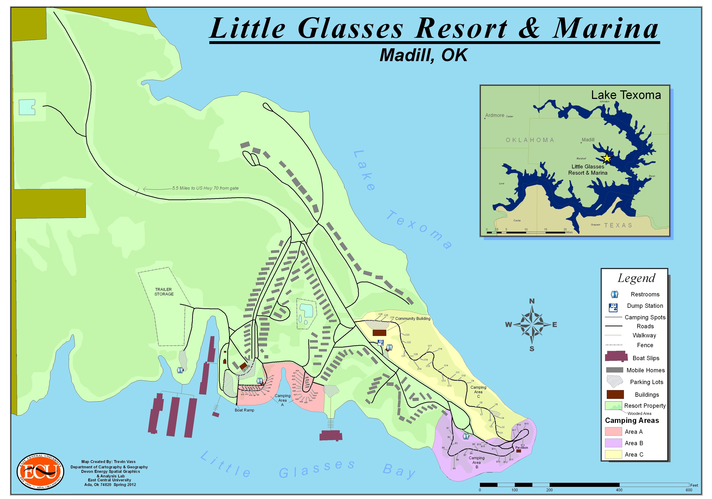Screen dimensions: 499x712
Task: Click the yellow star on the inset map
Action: point(607,158)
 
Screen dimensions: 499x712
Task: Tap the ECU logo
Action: point(40,471)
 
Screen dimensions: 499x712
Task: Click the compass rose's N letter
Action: point(532,301)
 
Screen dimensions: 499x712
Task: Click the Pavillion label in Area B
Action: point(521,447)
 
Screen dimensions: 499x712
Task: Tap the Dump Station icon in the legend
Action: point(613,307)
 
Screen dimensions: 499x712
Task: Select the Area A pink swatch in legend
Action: point(613,431)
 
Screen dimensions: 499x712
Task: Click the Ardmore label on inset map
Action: point(495,115)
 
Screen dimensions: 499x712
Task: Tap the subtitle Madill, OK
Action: point(423,55)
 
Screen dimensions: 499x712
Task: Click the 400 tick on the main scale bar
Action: point(619,490)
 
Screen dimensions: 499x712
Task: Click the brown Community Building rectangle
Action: point(379,333)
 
